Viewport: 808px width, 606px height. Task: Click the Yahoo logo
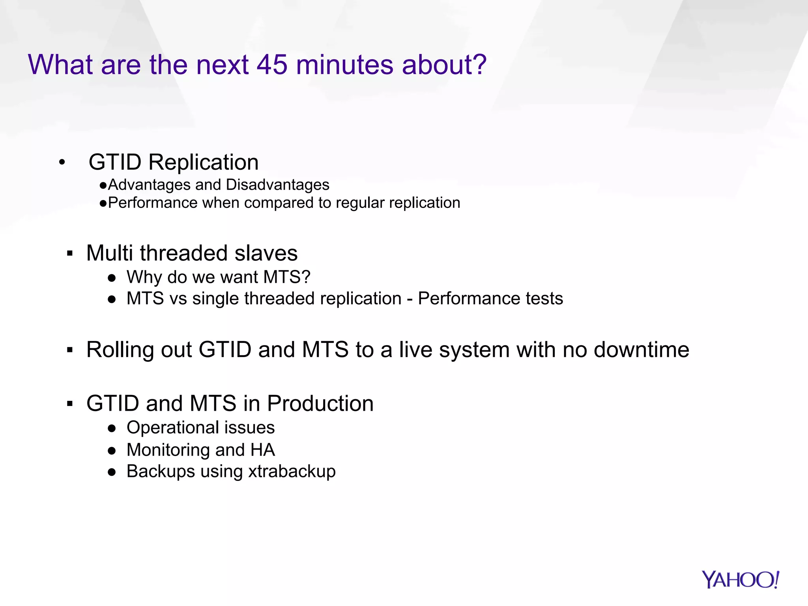[741, 580]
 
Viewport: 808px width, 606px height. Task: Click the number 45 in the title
[272, 65]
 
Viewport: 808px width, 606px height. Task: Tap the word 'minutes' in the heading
[344, 65]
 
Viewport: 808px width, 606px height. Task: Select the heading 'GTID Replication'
[173, 162]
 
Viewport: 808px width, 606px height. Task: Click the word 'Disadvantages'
[277, 185]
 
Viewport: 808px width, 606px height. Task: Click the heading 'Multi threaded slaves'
[192, 253]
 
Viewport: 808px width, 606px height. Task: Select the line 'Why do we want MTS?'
[218, 277]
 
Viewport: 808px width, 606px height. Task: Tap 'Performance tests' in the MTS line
[490, 299]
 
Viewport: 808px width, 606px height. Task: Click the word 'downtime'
[641, 350]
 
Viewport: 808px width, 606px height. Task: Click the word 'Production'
[320, 404]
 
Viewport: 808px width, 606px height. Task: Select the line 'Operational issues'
[200, 428]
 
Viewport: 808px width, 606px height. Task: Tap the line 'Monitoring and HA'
[200, 450]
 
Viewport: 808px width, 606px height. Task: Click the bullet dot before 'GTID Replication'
[62, 163]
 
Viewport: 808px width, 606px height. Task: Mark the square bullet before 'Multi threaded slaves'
[70, 254]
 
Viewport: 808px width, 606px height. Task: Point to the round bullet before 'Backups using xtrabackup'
[112, 472]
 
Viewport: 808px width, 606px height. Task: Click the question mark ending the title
[479, 65]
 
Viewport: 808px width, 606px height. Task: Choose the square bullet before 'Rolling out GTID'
[70, 350]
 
